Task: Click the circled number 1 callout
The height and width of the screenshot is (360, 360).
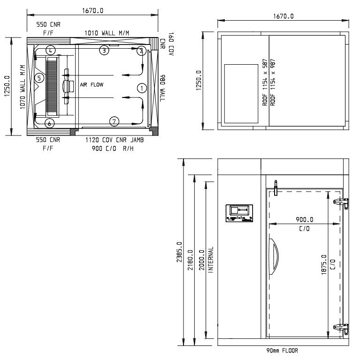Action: click(x=141, y=88)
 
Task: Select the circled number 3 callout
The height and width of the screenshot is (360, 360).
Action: click(x=104, y=50)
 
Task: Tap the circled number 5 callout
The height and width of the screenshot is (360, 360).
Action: click(x=40, y=77)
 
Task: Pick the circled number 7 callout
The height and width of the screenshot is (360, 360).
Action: click(x=115, y=121)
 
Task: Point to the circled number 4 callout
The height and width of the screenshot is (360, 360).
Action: click(x=51, y=50)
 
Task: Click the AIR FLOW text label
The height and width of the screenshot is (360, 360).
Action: click(x=91, y=85)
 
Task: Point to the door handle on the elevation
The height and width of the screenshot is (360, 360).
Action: click(x=273, y=254)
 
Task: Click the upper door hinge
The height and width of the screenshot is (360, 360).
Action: click(x=341, y=202)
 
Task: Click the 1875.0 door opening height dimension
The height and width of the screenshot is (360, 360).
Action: click(x=324, y=270)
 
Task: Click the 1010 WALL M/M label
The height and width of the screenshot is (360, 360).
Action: click(x=107, y=32)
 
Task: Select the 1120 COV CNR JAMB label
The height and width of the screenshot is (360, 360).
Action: click(x=114, y=140)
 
